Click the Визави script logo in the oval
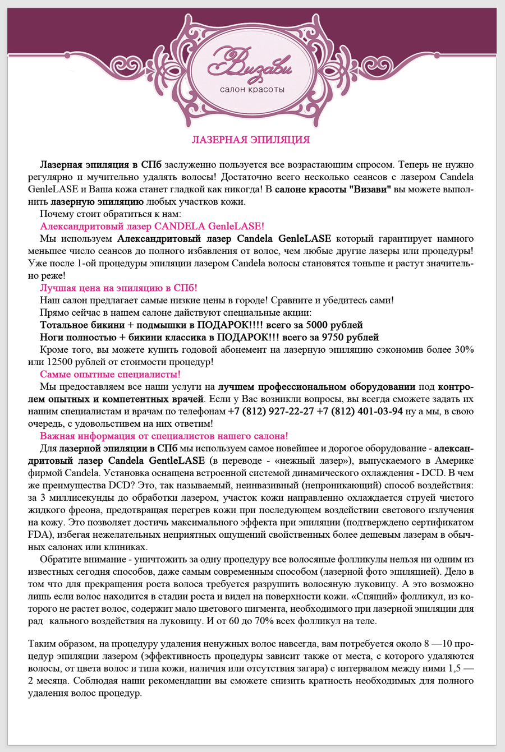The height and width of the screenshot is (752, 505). pos(251,63)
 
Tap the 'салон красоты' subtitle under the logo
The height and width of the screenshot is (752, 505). pos(252,90)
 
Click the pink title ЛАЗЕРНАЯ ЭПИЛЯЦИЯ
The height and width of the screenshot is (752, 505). pos(251,140)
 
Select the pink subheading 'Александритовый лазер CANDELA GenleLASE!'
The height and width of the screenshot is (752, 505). pos(151,227)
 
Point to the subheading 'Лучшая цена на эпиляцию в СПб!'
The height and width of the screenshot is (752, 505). pos(118,288)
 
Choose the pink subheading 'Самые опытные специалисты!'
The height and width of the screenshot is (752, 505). pos(110,375)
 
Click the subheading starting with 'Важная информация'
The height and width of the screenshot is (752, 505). pos(164,436)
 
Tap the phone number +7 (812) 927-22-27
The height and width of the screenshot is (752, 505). pos(270,412)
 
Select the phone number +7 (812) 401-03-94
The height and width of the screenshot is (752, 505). pos(360,412)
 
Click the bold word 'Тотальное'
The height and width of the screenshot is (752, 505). pos(64,325)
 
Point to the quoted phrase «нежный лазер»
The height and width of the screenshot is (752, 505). pos(318,461)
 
